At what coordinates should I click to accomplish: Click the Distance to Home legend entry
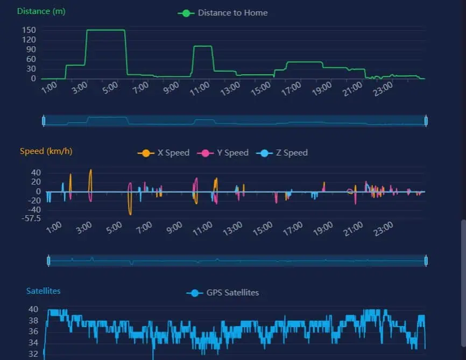coord(223,13)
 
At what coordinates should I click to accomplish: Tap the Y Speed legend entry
coord(223,153)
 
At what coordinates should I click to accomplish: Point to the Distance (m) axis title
coord(41,11)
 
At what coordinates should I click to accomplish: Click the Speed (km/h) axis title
coord(46,151)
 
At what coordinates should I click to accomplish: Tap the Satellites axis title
coord(43,291)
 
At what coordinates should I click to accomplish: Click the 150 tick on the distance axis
coord(29,30)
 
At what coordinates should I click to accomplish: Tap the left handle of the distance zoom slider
coord(44,121)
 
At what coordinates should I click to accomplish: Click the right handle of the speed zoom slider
coord(426,261)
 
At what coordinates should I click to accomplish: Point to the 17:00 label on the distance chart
coord(292,89)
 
